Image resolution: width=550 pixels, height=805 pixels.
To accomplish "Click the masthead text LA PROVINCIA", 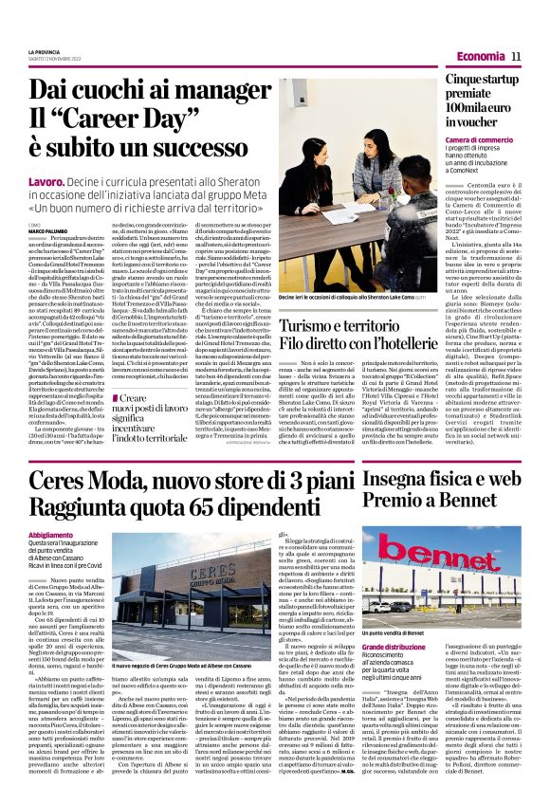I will point(46,52).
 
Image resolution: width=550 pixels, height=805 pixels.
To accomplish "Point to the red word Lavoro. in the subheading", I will point(47,179).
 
